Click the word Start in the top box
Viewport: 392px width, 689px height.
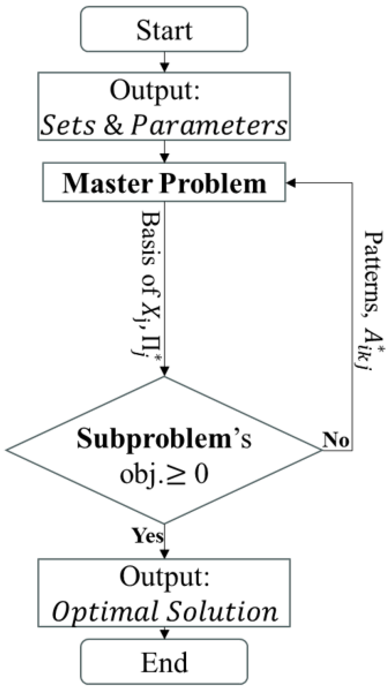[x=164, y=30]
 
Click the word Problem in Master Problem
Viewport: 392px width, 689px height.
[x=213, y=183]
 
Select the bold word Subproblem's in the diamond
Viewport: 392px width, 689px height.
[x=164, y=439]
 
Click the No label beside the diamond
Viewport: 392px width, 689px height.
[x=335, y=440]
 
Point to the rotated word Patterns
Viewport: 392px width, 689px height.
[x=374, y=271]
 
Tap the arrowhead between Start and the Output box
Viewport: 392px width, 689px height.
[x=164, y=67]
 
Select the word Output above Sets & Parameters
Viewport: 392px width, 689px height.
[x=155, y=91]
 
